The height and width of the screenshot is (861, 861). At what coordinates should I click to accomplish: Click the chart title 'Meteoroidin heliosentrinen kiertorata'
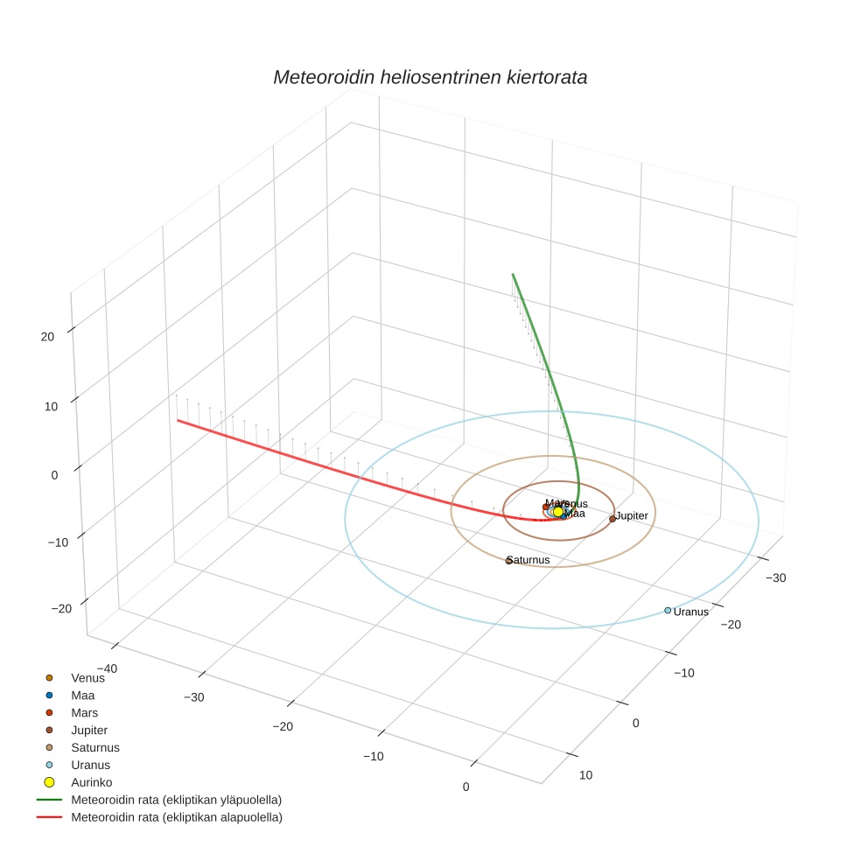click(x=430, y=77)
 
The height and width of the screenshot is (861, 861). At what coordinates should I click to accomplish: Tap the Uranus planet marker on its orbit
click(x=668, y=610)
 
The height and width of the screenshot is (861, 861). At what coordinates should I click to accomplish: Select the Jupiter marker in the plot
click(x=612, y=519)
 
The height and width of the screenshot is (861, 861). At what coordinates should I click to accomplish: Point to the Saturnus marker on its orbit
click(x=508, y=561)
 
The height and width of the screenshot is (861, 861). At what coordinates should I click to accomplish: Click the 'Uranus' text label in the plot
click(x=691, y=612)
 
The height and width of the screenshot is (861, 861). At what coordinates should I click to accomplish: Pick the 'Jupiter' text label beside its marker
click(x=632, y=516)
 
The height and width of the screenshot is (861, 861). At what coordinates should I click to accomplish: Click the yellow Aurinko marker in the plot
click(x=558, y=512)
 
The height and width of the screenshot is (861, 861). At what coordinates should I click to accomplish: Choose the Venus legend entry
click(x=87, y=677)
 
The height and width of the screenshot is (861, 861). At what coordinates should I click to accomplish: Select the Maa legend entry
click(x=82, y=695)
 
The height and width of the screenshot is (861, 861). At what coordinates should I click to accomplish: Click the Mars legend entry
click(x=84, y=712)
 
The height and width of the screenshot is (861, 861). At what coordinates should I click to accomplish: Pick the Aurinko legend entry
click(x=91, y=782)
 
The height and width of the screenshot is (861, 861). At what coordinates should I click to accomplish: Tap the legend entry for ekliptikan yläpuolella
click(x=176, y=800)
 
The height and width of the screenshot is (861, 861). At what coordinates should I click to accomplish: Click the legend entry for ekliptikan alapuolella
click(x=176, y=817)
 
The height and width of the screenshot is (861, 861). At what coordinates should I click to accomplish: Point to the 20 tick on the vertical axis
click(x=47, y=336)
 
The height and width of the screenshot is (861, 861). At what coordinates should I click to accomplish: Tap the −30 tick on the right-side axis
click(x=773, y=577)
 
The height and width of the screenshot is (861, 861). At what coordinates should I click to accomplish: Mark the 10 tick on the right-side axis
click(x=585, y=775)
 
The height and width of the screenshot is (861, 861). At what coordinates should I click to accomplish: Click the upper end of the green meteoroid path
click(x=513, y=275)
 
